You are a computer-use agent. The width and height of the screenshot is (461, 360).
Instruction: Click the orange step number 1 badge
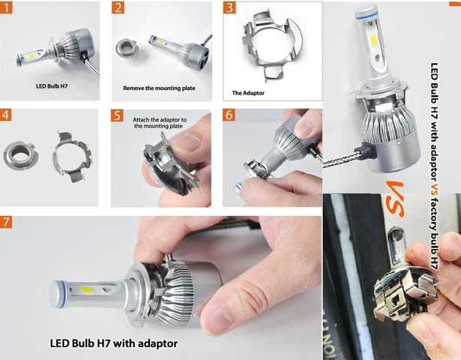coord(6,7)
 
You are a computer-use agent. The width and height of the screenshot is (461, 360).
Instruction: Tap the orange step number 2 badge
coord(118,7)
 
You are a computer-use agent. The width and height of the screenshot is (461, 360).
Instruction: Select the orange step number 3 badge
coord(229,7)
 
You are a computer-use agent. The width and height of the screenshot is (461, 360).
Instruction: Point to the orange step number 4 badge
coord(5,115)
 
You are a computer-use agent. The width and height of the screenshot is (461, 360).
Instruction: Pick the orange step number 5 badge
coord(117,115)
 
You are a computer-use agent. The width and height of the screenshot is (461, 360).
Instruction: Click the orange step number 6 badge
coord(229,115)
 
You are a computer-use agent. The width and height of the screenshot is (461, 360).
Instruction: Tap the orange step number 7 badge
coord(6,222)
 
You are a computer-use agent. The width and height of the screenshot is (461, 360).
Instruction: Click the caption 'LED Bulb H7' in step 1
coord(52,86)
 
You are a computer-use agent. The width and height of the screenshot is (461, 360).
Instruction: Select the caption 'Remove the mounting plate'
coord(159,88)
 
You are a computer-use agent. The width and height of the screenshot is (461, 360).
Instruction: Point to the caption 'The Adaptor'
coord(248,93)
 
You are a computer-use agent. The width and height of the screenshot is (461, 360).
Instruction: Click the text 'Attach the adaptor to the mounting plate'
coord(160,123)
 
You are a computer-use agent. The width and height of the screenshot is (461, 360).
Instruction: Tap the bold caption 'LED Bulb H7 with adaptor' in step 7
coord(114,343)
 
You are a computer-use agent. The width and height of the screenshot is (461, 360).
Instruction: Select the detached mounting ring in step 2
coord(125,49)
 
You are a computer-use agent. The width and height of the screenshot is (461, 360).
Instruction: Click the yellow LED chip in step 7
coord(86,290)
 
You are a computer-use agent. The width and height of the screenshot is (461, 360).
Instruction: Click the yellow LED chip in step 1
coord(31,55)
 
